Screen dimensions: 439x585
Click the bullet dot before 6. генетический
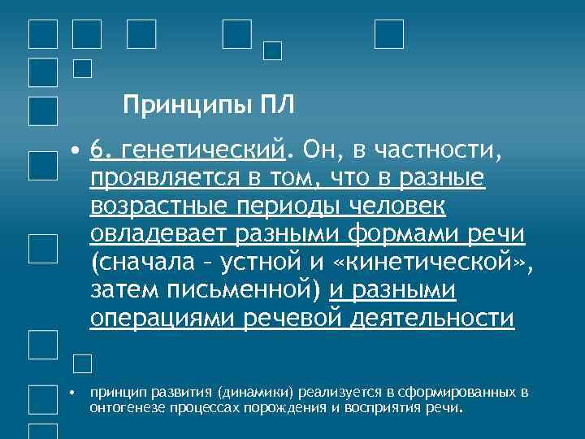pyautogui.click(x=75, y=152)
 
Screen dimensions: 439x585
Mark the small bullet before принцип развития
pyautogui.click(x=71, y=393)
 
